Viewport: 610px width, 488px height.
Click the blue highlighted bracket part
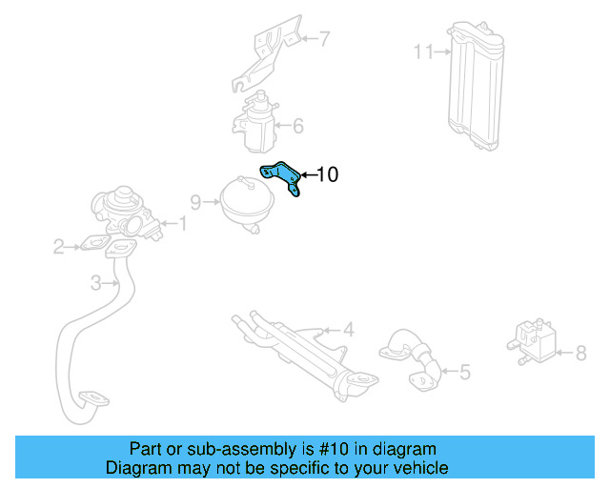[282, 178]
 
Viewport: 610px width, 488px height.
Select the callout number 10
[327, 174]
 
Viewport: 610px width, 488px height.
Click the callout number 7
[324, 39]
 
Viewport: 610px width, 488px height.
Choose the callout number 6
[297, 125]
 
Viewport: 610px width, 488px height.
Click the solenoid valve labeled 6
[255, 122]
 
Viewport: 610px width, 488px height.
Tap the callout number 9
[195, 201]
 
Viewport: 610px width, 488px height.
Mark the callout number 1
[183, 224]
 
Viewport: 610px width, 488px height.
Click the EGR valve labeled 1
[124, 213]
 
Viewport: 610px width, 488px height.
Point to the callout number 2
[59, 248]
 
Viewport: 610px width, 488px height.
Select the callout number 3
[96, 282]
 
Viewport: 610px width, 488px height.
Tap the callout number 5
[464, 372]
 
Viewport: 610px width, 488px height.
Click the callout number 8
[580, 354]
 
